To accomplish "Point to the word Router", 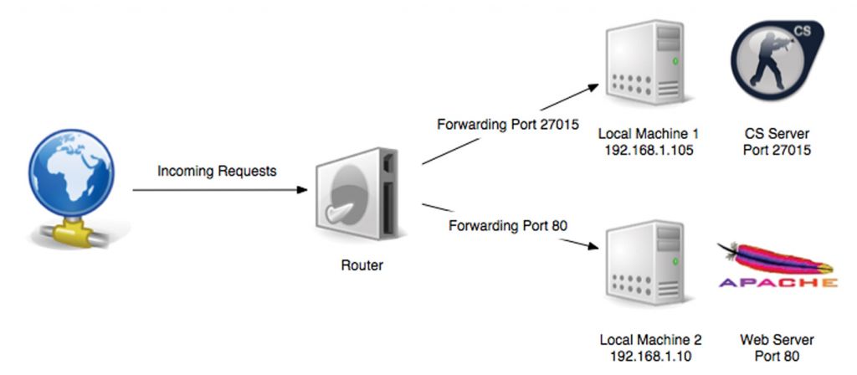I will coord(362,266).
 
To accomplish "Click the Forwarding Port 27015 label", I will coord(497,125).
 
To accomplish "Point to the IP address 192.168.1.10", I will coord(650,357).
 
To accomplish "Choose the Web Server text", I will coord(777,341).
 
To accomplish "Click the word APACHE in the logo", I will coord(777,283).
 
